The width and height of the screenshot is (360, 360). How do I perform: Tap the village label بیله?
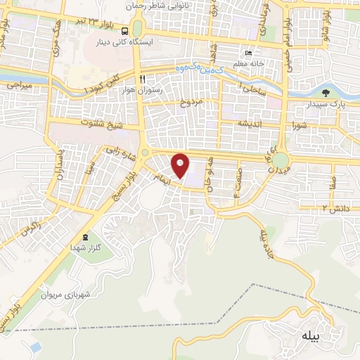pyautogui.click(x=311, y=335)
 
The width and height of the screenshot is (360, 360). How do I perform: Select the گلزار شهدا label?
pyautogui.click(x=85, y=248)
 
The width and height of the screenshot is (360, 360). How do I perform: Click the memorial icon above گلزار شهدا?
pyautogui.click(x=86, y=237)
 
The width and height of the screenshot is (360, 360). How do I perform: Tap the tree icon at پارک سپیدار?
pyautogui.click(x=325, y=92)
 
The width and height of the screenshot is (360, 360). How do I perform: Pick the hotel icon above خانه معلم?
pyautogui.click(x=246, y=53)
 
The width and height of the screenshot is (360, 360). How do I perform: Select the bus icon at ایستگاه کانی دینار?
pyautogui.click(x=124, y=31)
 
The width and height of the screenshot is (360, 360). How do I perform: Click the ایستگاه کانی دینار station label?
pyautogui.click(x=124, y=42)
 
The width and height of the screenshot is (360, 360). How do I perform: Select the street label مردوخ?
pyautogui.click(x=190, y=102)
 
